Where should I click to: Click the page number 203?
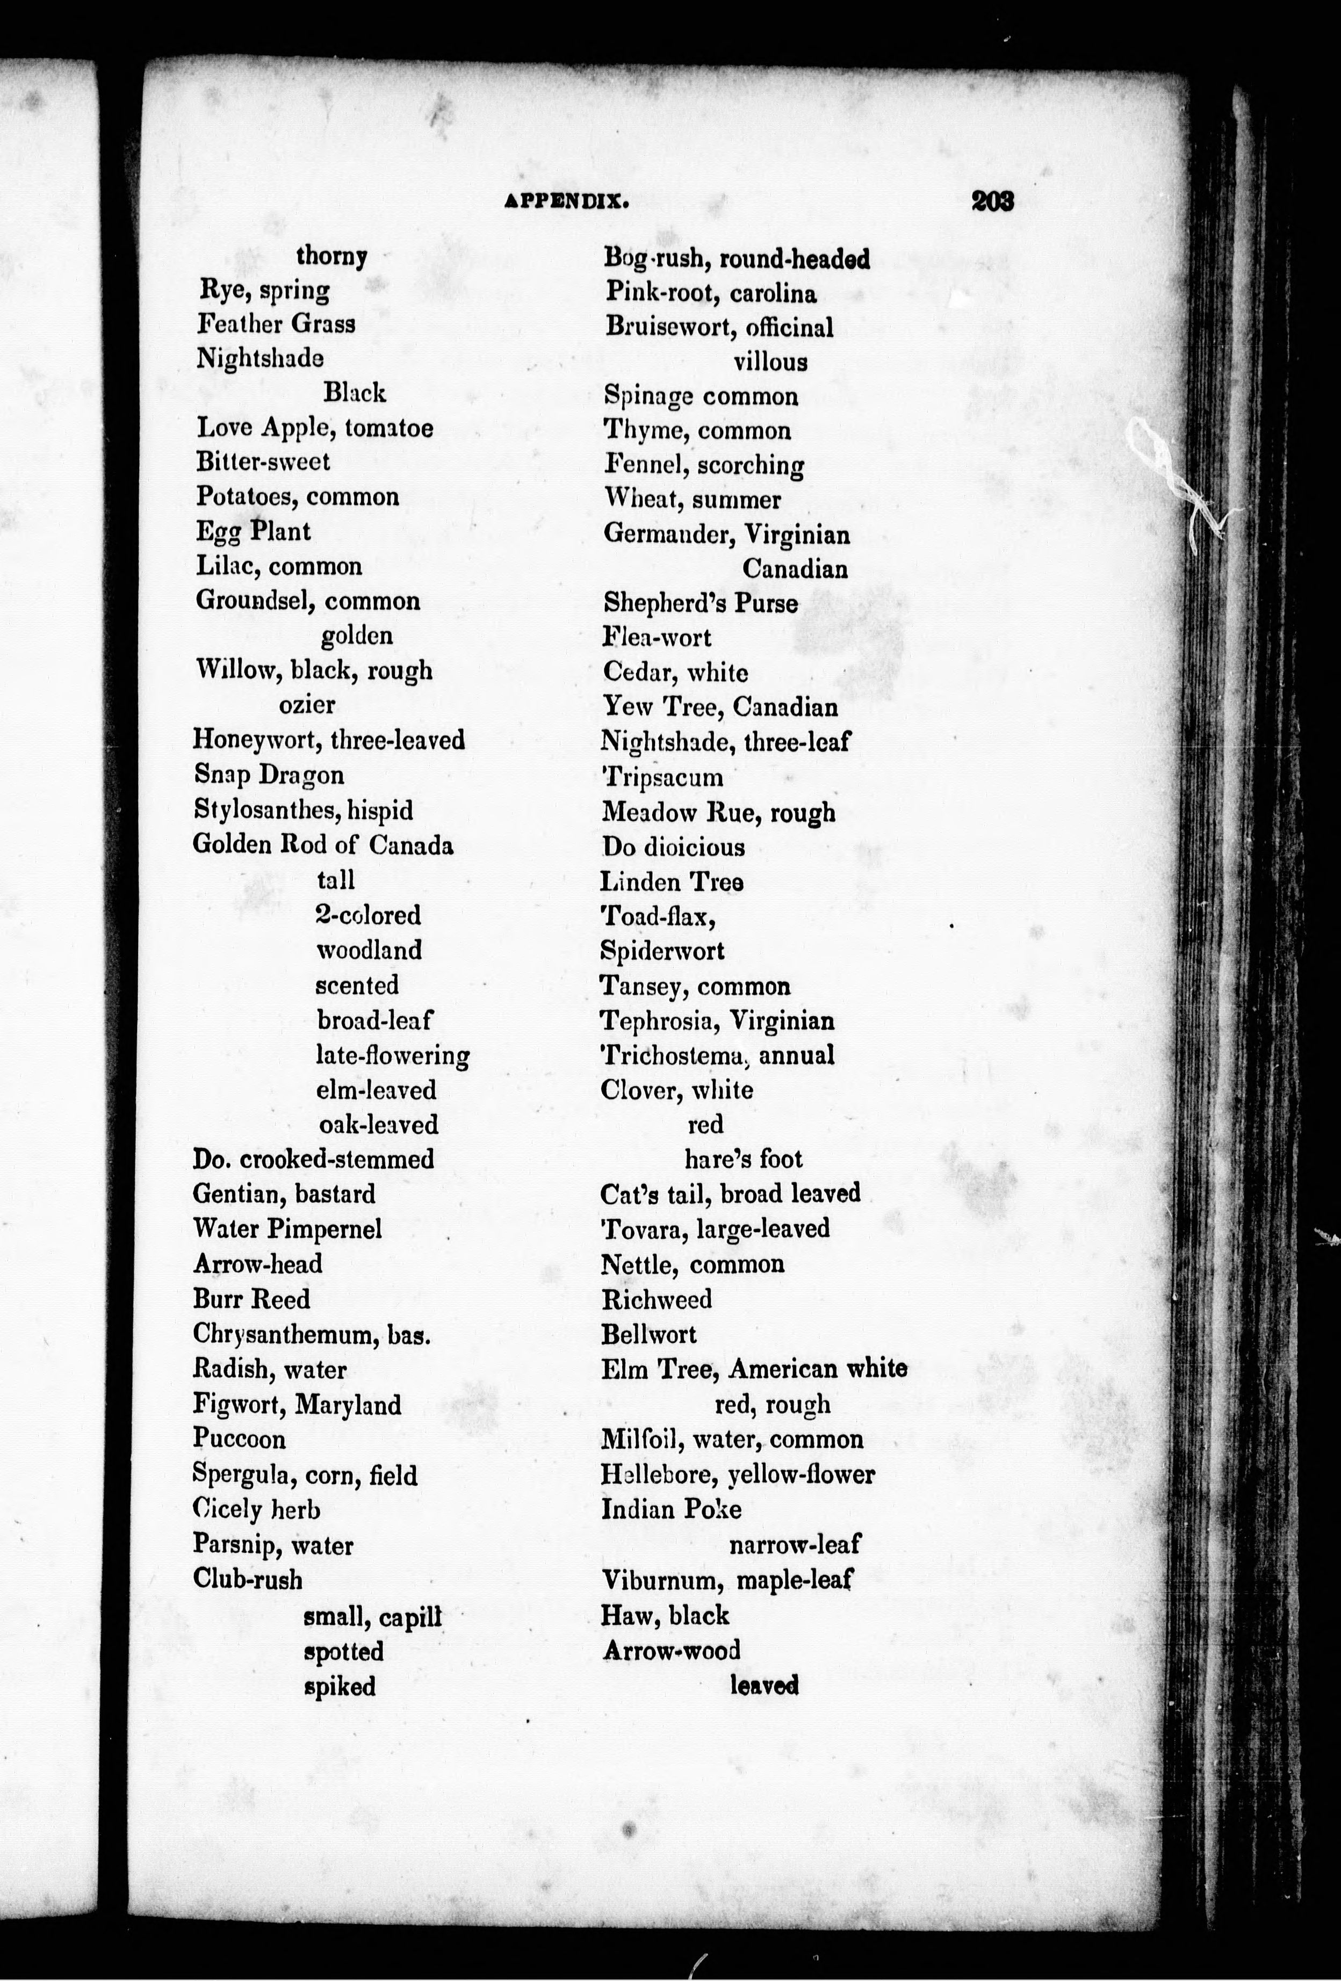click(x=991, y=201)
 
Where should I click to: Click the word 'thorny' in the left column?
click(x=331, y=256)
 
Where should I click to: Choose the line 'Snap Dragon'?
click(x=269, y=775)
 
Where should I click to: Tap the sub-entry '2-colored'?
click(x=368, y=915)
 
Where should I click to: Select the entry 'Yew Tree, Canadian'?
click(x=719, y=707)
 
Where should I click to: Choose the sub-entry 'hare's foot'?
click(x=744, y=1159)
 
